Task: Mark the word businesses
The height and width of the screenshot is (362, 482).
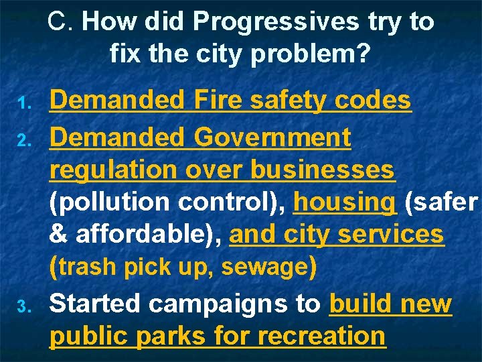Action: pyautogui.click(x=322, y=170)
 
